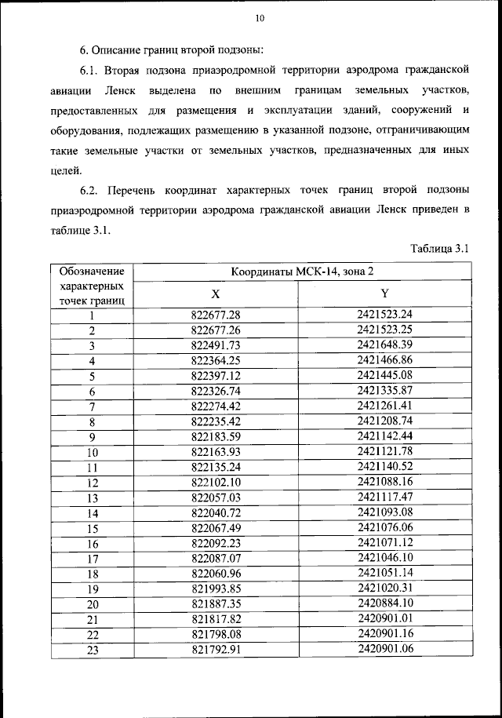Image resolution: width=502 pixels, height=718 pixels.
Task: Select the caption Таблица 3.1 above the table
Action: tap(439, 249)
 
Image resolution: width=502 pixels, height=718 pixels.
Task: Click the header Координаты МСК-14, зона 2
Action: tap(302, 272)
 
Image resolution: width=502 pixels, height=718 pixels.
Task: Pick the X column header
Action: tap(215, 293)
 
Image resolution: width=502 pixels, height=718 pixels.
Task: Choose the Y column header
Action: tap(384, 293)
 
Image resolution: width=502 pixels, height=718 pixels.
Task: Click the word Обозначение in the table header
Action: tap(92, 271)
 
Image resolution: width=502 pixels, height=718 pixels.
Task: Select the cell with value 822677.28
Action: tap(215, 315)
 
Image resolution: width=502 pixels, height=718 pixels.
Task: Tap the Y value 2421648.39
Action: tap(384, 344)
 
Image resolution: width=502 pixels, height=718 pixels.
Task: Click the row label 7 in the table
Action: tap(92, 406)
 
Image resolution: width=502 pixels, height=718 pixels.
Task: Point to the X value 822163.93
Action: tap(215, 451)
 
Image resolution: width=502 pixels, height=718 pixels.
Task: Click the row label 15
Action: tap(92, 528)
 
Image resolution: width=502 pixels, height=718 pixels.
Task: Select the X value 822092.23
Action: tap(215, 543)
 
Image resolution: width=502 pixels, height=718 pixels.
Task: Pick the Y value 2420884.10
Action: tap(384, 603)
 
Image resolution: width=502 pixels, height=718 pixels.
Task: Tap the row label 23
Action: tap(92, 650)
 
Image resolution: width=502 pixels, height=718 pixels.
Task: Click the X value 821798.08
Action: tap(215, 634)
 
